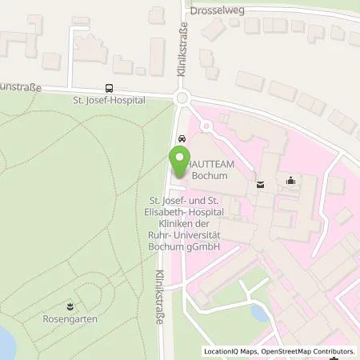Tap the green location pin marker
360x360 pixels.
click(180, 163)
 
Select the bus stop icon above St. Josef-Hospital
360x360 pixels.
click(109, 89)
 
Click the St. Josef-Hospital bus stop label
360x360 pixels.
click(109, 101)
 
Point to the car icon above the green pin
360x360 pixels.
click(182, 138)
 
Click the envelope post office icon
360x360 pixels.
click(260, 184)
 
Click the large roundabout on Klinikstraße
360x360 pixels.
click(182, 98)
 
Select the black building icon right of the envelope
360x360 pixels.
click(289, 182)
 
